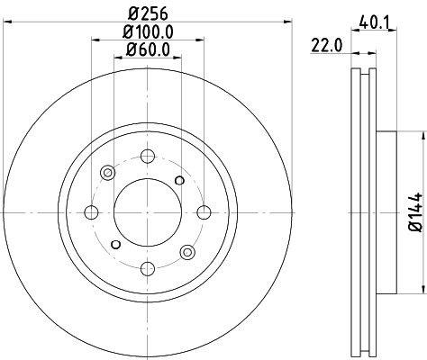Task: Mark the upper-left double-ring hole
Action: (107, 173)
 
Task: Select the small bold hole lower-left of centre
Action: (114, 244)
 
